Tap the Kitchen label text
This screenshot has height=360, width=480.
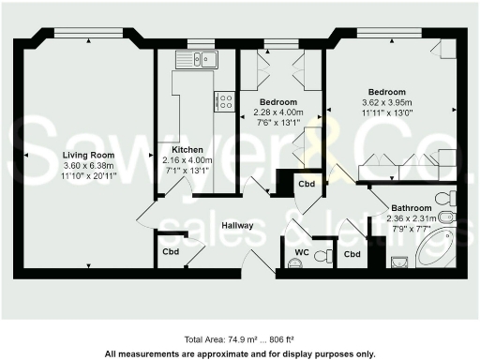pos(187,150)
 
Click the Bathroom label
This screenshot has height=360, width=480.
pos(412,208)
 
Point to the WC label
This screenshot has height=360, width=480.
pos(302,252)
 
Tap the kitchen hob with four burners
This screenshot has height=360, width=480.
pos(224,100)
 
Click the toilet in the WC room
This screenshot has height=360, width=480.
pos(322,255)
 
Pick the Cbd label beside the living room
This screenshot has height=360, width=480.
pos(171,252)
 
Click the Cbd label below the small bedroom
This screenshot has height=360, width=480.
pos(307,184)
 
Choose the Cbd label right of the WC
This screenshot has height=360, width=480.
pos(352,254)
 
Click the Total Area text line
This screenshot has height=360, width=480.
pos(239,338)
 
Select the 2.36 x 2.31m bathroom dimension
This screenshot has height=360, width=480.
pos(412,218)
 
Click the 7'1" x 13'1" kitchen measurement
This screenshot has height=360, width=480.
pos(187,171)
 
